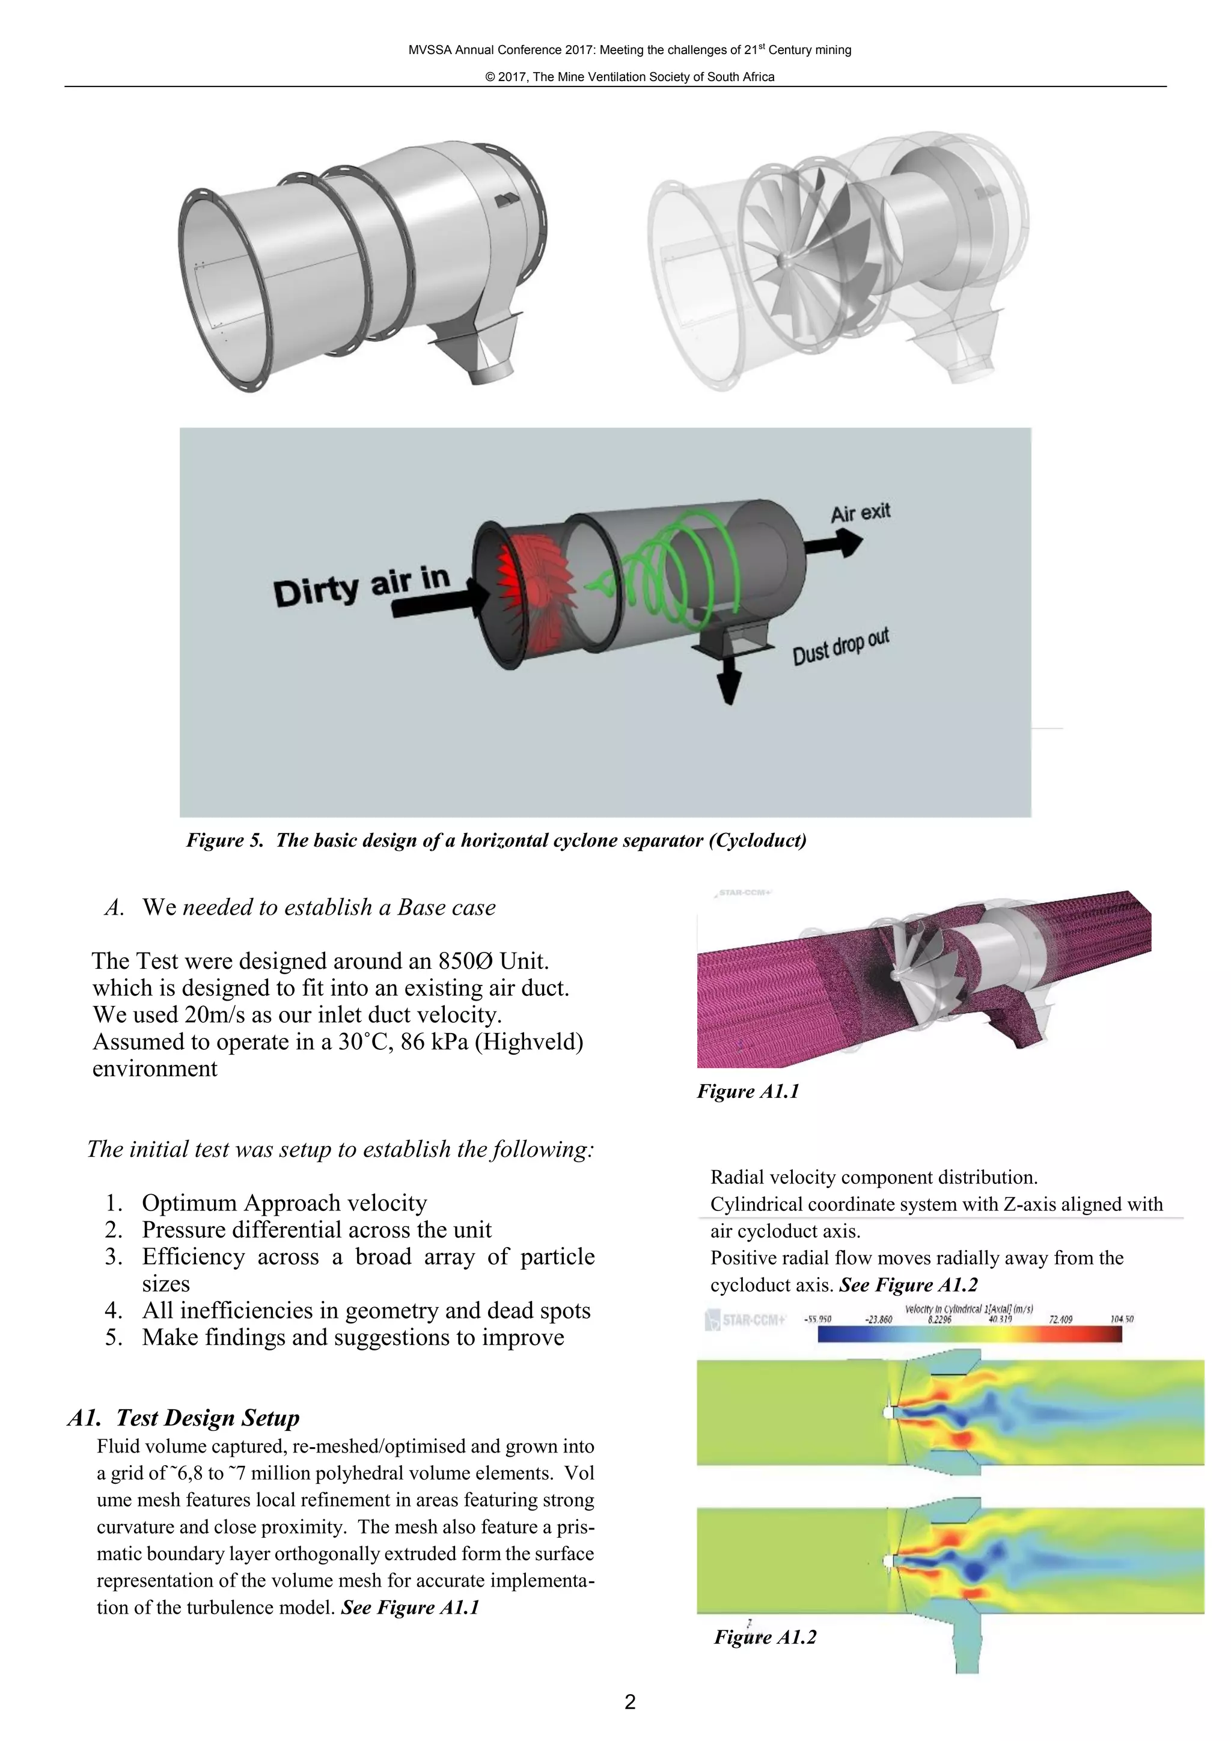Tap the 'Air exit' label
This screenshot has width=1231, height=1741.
(860, 513)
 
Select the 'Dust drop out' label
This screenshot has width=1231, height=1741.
(840, 647)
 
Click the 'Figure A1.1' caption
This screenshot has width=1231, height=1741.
(748, 1091)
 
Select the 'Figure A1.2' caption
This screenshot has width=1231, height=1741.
(765, 1637)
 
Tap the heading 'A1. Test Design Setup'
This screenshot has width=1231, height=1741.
(183, 1418)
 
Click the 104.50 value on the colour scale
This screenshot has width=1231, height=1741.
(1121, 1319)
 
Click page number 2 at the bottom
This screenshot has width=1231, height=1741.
(629, 1703)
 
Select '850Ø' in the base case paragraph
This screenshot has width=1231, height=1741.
(466, 962)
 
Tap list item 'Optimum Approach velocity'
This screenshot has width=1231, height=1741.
(284, 1203)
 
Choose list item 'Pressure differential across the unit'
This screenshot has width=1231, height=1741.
(316, 1230)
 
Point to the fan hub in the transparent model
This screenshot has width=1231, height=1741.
(785, 260)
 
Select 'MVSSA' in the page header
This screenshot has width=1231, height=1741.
(429, 50)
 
